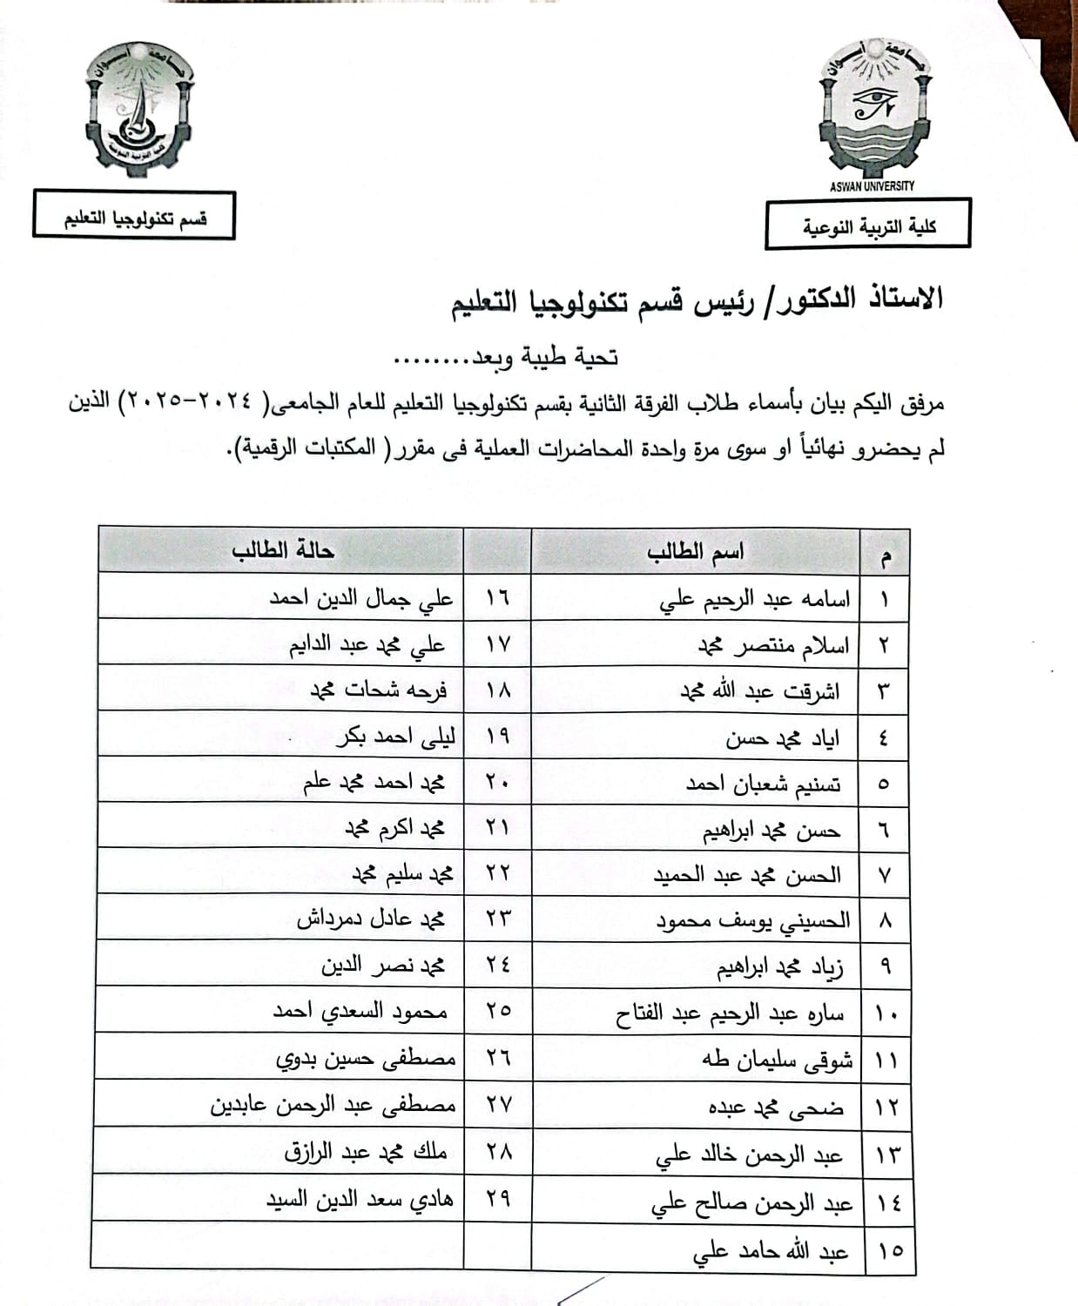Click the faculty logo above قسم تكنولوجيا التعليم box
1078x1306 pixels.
[139, 109]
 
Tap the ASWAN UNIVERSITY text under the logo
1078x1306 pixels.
[873, 185]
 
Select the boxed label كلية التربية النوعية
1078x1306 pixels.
[868, 226]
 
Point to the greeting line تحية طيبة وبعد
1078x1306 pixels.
[507, 356]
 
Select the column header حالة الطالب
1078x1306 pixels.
[283, 550]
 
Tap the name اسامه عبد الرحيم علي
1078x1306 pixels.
[755, 600]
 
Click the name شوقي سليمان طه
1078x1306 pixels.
[777, 1060]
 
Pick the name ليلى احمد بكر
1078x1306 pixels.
[395, 737]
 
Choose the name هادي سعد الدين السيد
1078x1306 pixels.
[360, 1199]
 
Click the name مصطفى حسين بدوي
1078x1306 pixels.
[366, 1059]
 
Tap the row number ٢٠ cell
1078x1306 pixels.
[497, 782]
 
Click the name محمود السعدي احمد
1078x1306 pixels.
[360, 1012]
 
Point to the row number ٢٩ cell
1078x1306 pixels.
[497, 1198]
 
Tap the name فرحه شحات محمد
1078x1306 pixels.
[379, 690]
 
